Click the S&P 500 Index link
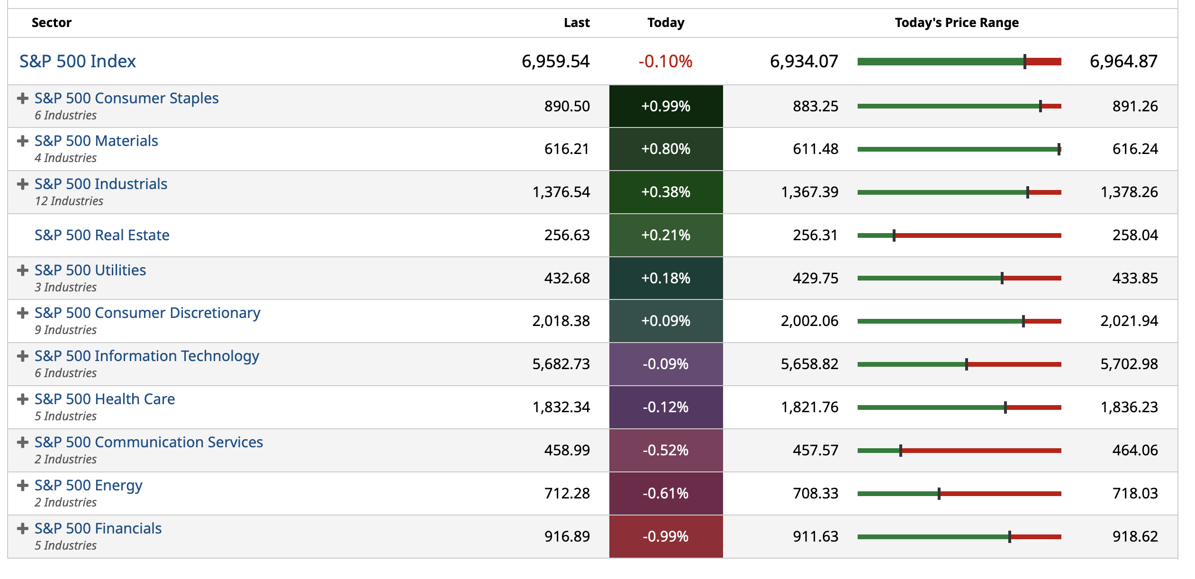(77, 61)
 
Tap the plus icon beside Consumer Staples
(22, 98)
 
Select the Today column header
(665, 23)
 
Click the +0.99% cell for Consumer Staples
(665, 106)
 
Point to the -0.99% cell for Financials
(665, 536)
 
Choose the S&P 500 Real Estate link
(102, 235)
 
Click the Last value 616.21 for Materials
(567, 149)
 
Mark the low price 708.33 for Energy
(815, 493)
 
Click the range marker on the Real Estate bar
(894, 235)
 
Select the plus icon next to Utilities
(22, 270)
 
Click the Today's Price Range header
(956, 23)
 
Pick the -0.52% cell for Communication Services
(665, 450)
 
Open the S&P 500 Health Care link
(105, 399)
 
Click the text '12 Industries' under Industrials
(69, 201)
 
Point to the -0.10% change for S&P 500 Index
(665, 61)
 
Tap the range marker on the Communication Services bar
(900, 451)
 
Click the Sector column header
(51, 23)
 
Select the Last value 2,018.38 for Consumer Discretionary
(561, 321)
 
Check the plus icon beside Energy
(22, 485)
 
